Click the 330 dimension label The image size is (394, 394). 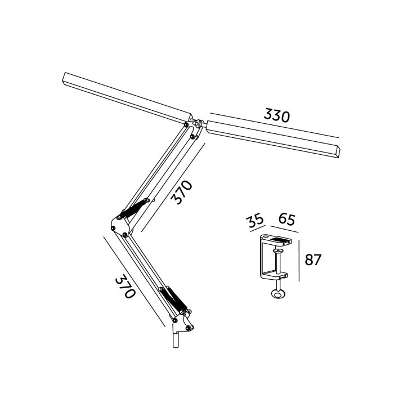coord(277,116)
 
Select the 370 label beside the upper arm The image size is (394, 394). coord(182,192)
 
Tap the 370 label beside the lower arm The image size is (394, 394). coord(125,288)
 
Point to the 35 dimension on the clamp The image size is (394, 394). coord(256,221)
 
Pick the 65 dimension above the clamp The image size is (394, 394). coord(286,220)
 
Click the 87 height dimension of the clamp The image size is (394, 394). coord(313,260)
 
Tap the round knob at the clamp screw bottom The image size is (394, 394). coord(278,294)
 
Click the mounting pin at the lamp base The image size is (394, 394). coord(176,340)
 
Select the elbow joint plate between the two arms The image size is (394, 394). coord(120,227)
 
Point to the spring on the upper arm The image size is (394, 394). coord(134,209)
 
